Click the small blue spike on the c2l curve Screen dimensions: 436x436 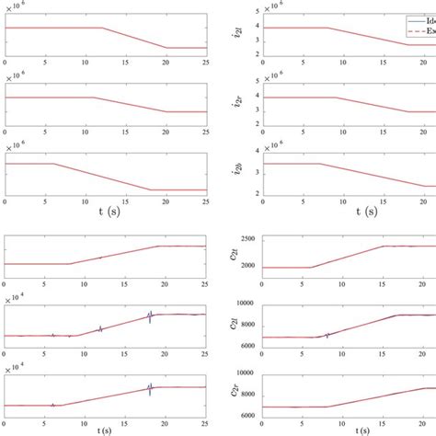[x=327, y=335]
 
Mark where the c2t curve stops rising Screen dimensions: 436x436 [x=381, y=246]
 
